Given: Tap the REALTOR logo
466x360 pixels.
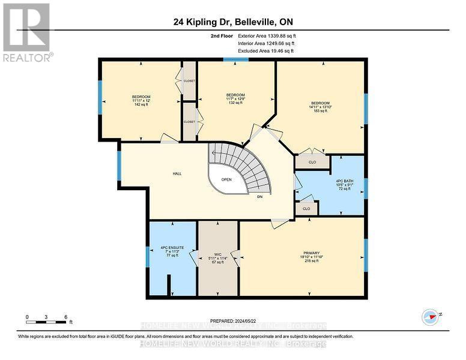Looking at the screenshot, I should [26, 32].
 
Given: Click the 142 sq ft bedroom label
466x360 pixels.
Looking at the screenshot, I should [141, 101].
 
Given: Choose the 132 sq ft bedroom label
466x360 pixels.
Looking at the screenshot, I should [235, 98].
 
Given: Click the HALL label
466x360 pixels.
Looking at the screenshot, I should [177, 173].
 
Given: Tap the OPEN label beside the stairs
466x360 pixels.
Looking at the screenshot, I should [226, 179].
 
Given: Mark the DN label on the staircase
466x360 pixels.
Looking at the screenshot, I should [259, 197].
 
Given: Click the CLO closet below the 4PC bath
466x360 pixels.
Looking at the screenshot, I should [306, 208].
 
